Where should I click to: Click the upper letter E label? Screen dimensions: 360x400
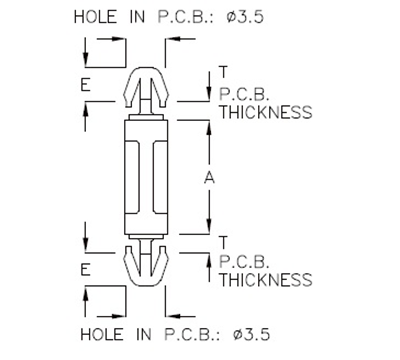click(x=86, y=86)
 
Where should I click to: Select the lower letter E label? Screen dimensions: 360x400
click(x=86, y=269)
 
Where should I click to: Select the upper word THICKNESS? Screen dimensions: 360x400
click(x=264, y=112)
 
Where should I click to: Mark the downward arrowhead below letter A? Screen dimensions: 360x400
click(x=209, y=226)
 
